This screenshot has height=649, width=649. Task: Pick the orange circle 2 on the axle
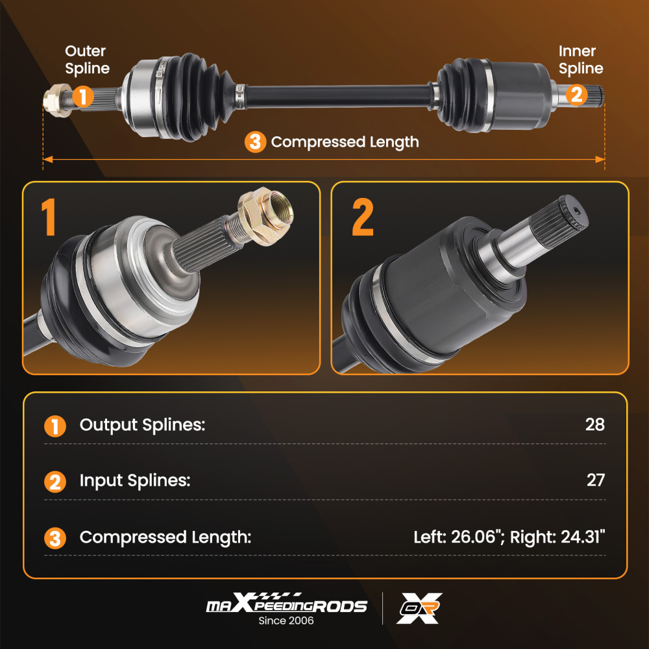coord(575,95)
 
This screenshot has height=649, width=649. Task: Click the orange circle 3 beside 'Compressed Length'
coord(255,141)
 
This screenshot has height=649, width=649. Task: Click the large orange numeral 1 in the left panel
coord(50,217)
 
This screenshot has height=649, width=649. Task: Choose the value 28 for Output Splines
coord(594,425)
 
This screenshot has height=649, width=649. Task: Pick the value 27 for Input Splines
coord(594,480)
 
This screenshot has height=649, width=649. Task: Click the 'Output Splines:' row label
coord(142,425)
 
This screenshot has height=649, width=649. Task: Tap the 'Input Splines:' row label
coord(135,481)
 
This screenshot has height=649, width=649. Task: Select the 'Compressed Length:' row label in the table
coord(165,537)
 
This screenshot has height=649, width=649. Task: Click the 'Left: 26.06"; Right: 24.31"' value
coord(509,537)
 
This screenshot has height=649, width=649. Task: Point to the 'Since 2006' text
coord(286,620)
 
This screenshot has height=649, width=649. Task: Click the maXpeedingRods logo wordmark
coord(286,605)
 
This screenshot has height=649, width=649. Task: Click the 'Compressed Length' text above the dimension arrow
coord(345,141)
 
